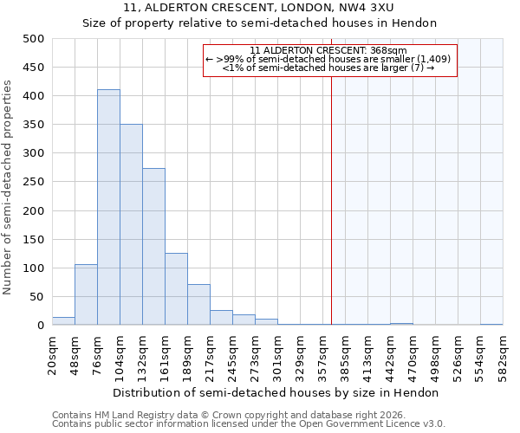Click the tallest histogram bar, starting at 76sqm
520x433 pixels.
(x=109, y=207)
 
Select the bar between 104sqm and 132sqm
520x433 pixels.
(x=132, y=224)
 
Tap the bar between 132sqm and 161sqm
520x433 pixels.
(x=154, y=247)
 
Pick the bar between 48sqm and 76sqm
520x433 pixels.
(x=86, y=294)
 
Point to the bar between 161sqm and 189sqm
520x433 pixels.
(x=177, y=289)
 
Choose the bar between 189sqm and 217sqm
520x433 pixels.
(x=199, y=305)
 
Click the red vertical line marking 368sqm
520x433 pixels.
(x=331, y=182)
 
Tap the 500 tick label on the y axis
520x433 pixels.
(x=34, y=39)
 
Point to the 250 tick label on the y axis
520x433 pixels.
(x=34, y=182)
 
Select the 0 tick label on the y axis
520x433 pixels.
(x=41, y=325)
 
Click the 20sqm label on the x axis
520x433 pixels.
(x=52, y=355)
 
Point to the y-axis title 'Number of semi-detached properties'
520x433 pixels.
(x=7, y=187)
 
